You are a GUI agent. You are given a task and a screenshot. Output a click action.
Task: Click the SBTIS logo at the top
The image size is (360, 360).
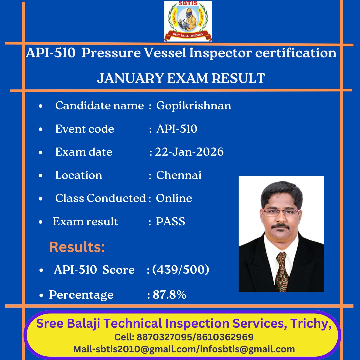click(188, 21)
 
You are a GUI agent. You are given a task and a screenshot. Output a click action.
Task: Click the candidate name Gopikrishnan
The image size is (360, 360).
click(194, 106)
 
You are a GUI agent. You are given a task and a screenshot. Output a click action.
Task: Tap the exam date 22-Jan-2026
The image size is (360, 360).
click(189, 152)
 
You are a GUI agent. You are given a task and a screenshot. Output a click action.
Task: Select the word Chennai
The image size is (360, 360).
click(179, 175)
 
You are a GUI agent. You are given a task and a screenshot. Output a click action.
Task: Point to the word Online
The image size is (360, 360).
click(174, 198)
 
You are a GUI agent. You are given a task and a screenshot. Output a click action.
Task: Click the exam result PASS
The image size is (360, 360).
click(170, 222)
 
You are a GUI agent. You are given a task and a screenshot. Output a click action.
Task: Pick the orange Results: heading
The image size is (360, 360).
click(77, 247)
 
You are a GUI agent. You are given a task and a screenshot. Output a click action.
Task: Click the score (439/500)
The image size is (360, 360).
click(181, 270)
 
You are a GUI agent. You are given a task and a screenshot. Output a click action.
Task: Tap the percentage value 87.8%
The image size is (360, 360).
click(169, 295)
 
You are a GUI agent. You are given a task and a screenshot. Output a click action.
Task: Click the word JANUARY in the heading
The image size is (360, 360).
click(130, 78)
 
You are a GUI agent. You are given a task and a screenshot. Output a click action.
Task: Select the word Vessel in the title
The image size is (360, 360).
click(165, 53)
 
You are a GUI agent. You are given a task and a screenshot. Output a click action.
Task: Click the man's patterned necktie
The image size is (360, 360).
click(282, 272)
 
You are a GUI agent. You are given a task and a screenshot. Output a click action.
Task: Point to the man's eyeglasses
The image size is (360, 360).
click(281, 212)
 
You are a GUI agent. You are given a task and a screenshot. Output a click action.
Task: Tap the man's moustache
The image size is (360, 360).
click(280, 226)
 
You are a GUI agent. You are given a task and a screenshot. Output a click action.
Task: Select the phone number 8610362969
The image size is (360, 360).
click(225, 337)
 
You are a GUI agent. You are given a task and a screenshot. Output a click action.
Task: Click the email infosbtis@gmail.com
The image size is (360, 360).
click(247, 349)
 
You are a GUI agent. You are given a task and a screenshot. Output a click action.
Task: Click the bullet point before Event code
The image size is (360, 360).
click(41, 129)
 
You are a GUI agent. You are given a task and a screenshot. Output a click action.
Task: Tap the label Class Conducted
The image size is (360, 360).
click(101, 198)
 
